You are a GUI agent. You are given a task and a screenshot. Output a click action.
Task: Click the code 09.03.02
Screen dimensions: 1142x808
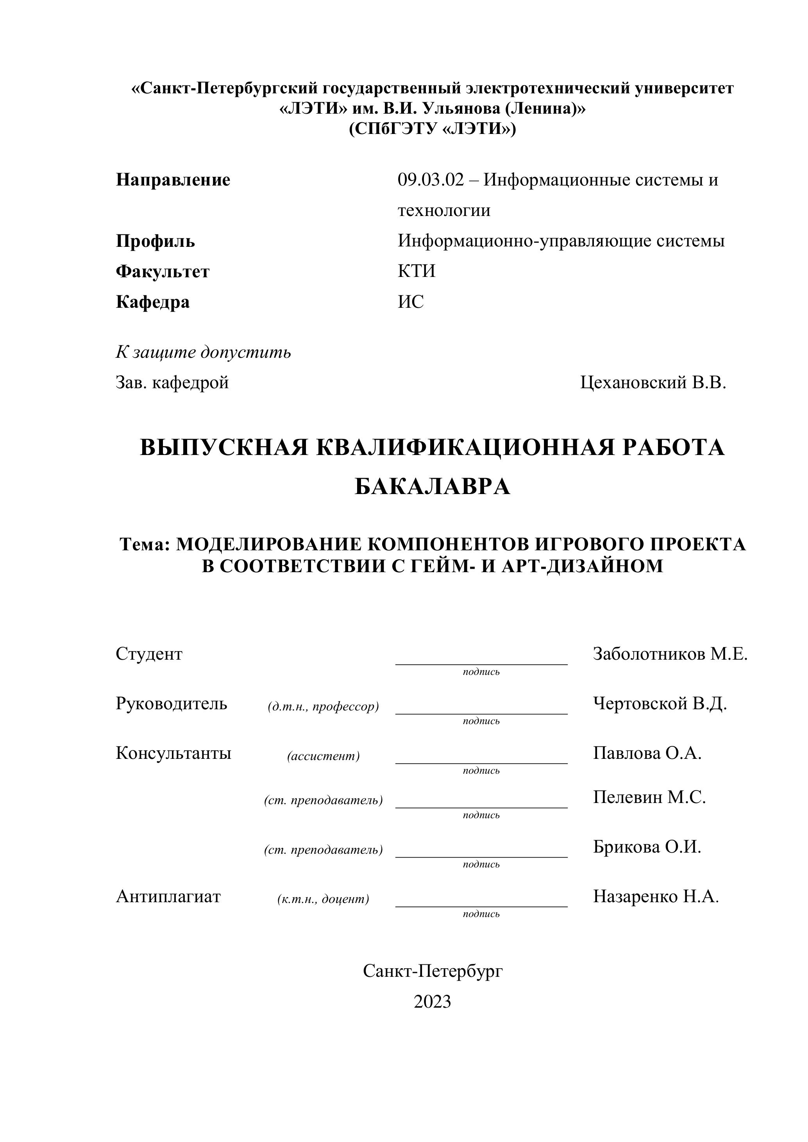coord(430,180)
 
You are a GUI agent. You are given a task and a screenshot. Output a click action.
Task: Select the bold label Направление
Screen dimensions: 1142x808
coord(173,180)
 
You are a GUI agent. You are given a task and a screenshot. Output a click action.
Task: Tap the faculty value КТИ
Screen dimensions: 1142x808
coord(417,271)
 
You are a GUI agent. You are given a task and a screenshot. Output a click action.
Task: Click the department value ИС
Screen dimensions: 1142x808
coord(411,302)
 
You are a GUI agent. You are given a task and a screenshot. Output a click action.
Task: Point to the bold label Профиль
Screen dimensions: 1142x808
coord(155,241)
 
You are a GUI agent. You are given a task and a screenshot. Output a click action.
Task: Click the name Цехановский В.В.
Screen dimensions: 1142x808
coord(653,382)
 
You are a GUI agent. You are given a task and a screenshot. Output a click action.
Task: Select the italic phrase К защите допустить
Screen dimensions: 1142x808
coord(203,352)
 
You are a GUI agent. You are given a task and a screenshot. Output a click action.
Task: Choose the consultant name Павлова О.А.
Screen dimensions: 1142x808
coord(647,753)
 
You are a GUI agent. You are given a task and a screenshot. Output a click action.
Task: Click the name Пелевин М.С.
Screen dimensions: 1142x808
coord(649,797)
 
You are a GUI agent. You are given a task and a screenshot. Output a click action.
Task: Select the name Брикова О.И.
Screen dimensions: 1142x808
coord(647,847)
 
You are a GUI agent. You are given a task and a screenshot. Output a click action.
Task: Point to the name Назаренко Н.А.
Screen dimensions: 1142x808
coord(656,896)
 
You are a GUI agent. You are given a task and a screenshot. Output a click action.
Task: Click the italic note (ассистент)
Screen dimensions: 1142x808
coord(324,756)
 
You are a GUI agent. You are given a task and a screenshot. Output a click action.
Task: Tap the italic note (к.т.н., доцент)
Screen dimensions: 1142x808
coord(324,899)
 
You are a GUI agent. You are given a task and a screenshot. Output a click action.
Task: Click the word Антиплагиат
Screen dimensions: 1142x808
coord(168,896)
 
